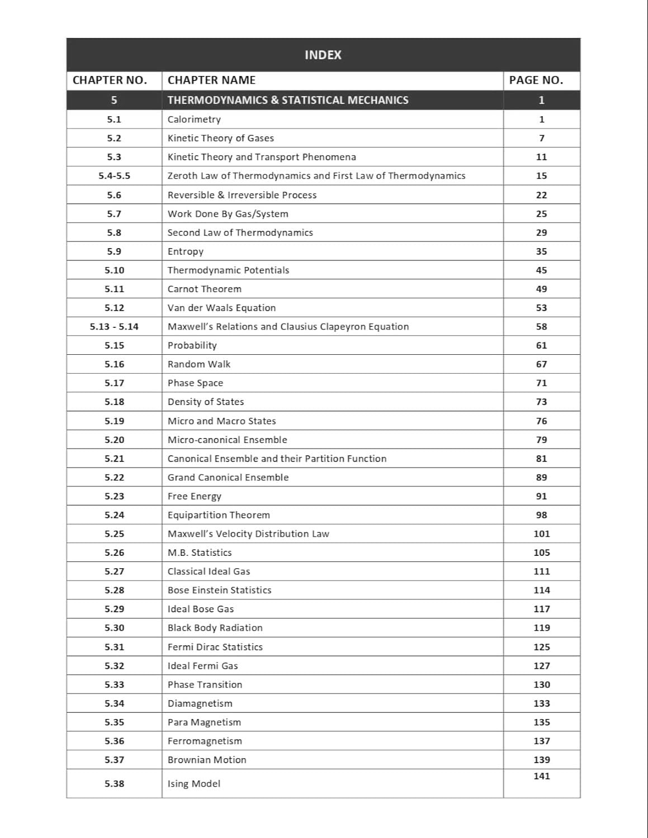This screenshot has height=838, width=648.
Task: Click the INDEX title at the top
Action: coord(323,55)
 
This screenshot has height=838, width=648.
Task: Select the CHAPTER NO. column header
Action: coord(110,80)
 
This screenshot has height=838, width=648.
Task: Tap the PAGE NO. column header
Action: coord(536,80)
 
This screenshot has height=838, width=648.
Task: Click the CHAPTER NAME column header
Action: coord(211,80)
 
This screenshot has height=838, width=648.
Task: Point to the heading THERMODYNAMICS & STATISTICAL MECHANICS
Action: coord(288,100)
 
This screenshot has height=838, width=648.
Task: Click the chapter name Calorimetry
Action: coord(194,119)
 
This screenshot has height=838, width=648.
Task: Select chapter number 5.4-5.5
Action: coord(114,175)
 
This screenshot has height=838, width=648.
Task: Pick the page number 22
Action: coord(541,195)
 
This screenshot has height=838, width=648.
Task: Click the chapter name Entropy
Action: coord(186,251)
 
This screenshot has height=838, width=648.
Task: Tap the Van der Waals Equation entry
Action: coord(221,308)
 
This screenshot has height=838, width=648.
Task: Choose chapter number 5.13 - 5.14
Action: coord(114,326)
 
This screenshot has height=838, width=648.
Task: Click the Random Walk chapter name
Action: coord(199,364)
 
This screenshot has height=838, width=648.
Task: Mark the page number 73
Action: coord(541,402)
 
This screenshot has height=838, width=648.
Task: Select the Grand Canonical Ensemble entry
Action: coord(228,477)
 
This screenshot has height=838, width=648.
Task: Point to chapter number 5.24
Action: coord(114,515)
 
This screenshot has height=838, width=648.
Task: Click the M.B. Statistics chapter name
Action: coord(200,553)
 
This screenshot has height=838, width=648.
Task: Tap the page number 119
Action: coord(541,627)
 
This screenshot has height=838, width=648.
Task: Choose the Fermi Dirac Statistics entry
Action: coord(215,647)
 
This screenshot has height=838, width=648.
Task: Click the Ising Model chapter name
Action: coord(194,783)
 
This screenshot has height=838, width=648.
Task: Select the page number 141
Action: coord(541,776)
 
